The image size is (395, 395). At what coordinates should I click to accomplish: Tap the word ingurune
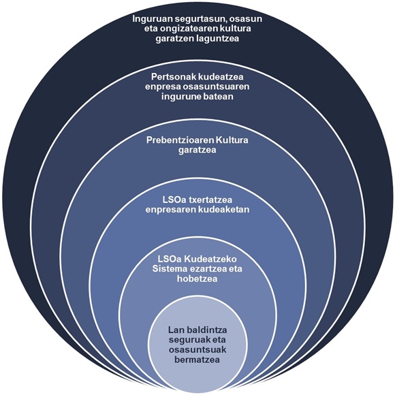click(179, 97)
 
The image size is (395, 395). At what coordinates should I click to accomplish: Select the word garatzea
click(197, 150)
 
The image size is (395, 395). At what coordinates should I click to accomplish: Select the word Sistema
click(168, 268)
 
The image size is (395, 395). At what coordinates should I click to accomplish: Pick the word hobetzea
click(197, 279)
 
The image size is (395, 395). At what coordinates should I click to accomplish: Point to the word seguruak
click(188, 340)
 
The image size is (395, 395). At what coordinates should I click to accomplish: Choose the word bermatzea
click(197, 360)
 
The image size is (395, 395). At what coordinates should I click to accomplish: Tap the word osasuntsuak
click(197, 349)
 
